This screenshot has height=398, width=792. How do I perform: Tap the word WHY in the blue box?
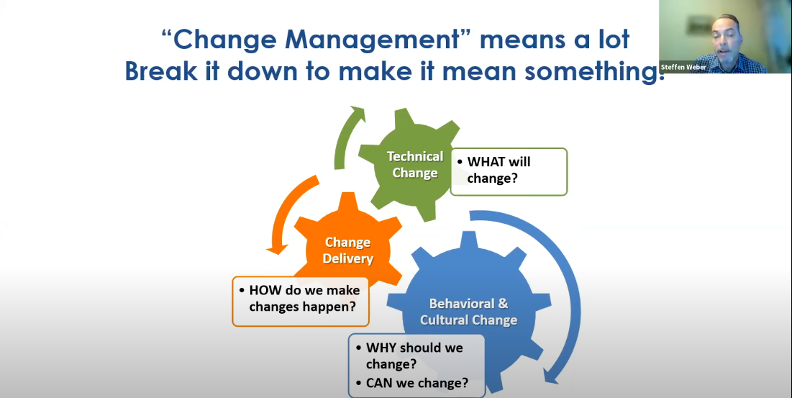[x=382, y=348]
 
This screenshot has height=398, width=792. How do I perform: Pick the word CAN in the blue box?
[x=379, y=383]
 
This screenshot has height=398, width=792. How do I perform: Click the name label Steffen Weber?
[x=683, y=67]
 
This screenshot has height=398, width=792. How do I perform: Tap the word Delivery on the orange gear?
[x=348, y=258]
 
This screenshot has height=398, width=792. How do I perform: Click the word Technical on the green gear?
[x=415, y=157]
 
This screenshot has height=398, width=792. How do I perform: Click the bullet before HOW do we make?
[x=242, y=291]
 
